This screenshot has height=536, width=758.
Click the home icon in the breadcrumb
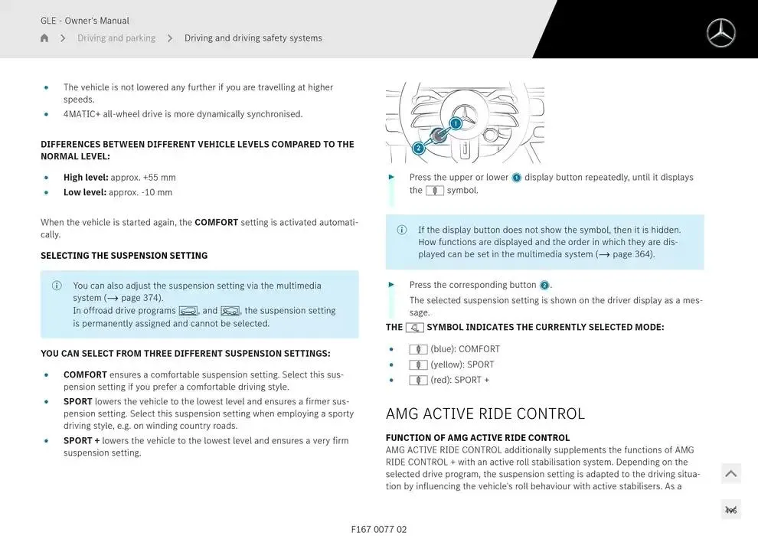click(44, 38)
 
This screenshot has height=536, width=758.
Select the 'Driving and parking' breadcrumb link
click(116, 38)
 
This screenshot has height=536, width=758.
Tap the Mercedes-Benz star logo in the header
click(720, 33)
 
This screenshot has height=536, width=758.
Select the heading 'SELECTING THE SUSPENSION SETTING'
click(124, 256)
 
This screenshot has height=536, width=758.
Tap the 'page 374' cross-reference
click(141, 298)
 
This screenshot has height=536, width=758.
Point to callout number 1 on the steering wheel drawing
click(456, 123)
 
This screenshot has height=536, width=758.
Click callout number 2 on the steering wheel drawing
click(419, 148)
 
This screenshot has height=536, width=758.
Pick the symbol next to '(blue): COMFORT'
click(418, 350)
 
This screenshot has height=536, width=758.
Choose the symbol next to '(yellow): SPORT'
click(418, 365)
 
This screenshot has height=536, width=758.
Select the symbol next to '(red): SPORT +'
click(418, 381)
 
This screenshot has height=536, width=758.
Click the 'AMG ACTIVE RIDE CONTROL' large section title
click(485, 413)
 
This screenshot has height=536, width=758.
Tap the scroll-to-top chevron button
click(731, 474)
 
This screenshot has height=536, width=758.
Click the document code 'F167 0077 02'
click(379, 529)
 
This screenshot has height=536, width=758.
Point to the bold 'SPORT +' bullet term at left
click(81, 441)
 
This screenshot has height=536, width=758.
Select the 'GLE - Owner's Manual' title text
click(85, 21)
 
